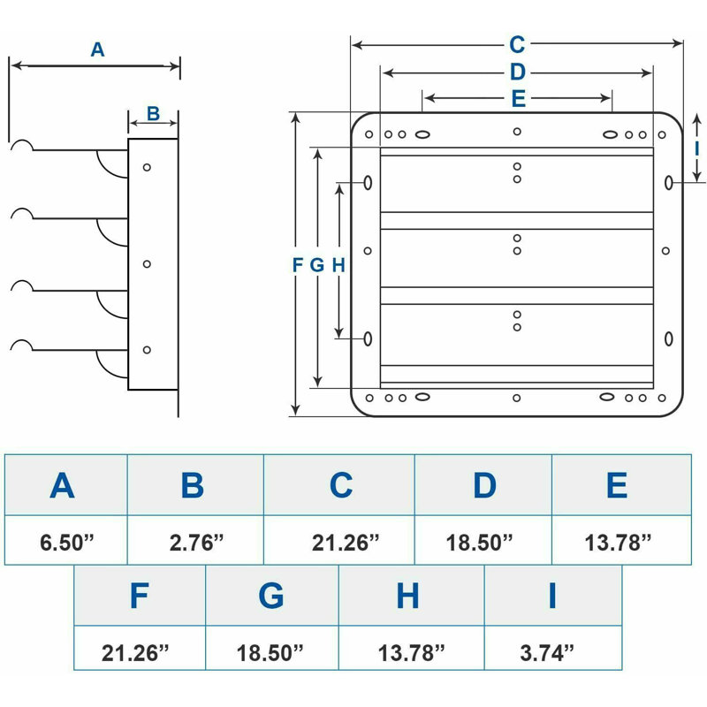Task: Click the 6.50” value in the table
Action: tap(67, 542)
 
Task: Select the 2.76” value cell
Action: tap(195, 540)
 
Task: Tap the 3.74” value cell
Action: tap(553, 648)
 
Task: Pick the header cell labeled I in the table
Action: tap(553, 596)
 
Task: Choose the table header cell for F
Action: tap(140, 596)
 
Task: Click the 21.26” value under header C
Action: tap(346, 543)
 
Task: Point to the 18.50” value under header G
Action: tap(270, 652)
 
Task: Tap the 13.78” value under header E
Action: tap(618, 543)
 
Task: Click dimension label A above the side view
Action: tap(97, 49)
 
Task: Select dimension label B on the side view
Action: tap(153, 114)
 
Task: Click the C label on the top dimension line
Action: tap(517, 45)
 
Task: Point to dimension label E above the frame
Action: tap(519, 99)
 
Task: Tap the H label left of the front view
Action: tap(338, 265)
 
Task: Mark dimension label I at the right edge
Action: tap(696, 148)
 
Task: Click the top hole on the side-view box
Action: tap(147, 167)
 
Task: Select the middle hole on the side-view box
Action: tap(147, 263)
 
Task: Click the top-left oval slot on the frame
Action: tap(422, 134)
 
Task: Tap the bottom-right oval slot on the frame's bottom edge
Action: tap(607, 397)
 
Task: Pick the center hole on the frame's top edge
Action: tap(517, 132)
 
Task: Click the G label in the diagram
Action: tap(317, 265)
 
